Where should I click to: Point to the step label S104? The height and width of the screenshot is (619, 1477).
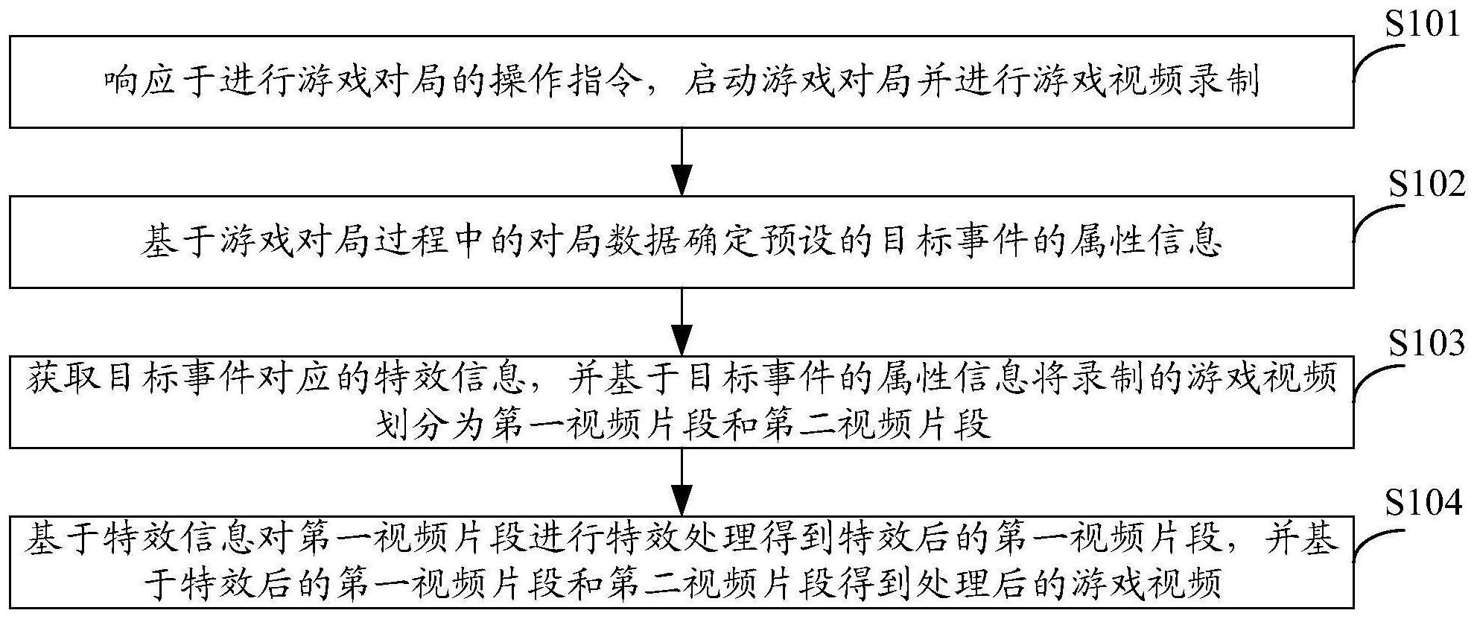click(x=1423, y=504)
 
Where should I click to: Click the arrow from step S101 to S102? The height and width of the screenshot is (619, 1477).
click(x=682, y=162)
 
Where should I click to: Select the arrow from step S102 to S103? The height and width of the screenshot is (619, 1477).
click(x=682, y=322)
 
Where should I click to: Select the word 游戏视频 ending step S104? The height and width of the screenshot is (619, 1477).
click(x=1148, y=583)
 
